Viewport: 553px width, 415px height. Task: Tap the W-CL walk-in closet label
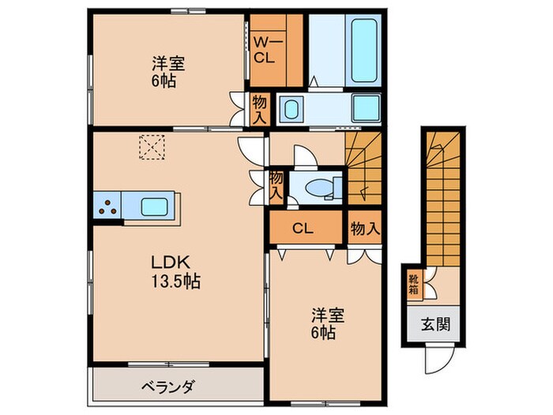tap(263, 50)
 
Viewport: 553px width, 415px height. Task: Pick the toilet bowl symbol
tap(320, 187)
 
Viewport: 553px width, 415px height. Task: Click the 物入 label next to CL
tap(365, 229)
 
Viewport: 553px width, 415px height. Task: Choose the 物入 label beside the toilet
tap(276, 184)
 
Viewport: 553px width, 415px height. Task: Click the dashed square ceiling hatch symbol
tap(150, 146)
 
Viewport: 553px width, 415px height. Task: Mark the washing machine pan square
tap(367, 108)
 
